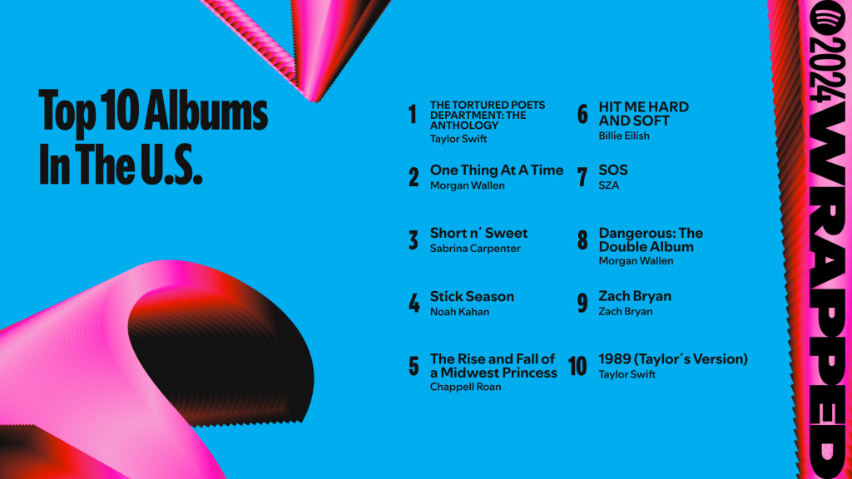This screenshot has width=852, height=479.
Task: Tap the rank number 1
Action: click(412, 114)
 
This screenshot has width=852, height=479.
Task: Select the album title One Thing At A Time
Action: click(496, 170)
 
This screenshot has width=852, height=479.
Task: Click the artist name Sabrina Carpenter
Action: click(475, 248)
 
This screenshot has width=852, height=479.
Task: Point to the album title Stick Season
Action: click(472, 296)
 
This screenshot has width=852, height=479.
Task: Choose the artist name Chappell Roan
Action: click(465, 387)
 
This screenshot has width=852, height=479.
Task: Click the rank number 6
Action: click(582, 114)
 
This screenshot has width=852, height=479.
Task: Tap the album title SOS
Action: click(613, 170)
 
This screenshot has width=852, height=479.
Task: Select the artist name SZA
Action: click(609, 185)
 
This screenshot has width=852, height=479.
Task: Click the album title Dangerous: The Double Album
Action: click(650, 239)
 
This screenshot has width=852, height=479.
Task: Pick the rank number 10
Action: click(577, 367)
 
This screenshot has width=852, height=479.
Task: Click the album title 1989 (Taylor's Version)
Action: click(672, 359)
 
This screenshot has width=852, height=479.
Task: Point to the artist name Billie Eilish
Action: click(624, 136)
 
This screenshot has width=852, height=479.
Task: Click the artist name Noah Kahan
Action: click(459, 312)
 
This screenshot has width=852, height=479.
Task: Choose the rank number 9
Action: click(582, 304)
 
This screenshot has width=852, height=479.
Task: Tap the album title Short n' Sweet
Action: click(478, 233)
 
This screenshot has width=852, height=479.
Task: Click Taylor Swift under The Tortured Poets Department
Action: click(458, 139)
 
